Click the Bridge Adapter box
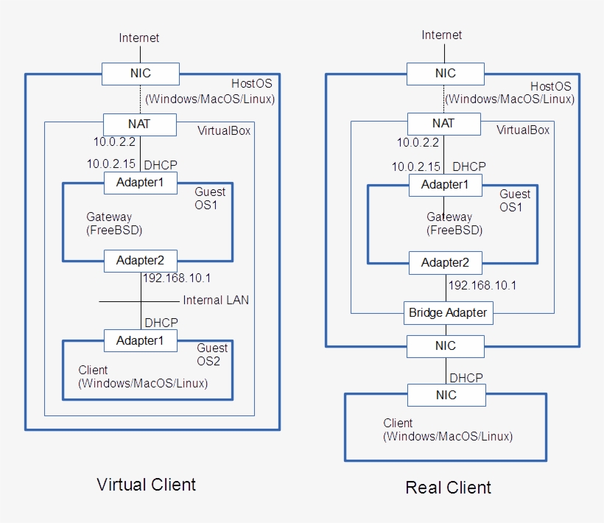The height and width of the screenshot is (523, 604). click(x=447, y=312)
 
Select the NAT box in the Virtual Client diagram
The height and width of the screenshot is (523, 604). click(x=140, y=124)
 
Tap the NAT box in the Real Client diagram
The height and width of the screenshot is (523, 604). click(x=443, y=123)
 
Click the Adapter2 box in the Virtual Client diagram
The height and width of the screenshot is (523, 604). click(x=140, y=259)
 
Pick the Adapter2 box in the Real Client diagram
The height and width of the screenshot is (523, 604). click(x=445, y=262)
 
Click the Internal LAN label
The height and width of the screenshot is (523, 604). click(x=216, y=300)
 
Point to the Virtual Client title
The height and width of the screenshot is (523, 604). click(x=147, y=484)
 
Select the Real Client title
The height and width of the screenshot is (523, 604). click(x=448, y=487)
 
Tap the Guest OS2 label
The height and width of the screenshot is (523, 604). click(x=212, y=354)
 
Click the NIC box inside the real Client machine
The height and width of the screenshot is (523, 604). click(x=446, y=395)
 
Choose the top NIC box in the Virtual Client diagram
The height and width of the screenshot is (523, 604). click(x=140, y=74)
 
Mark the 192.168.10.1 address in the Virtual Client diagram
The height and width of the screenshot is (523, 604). click(x=177, y=278)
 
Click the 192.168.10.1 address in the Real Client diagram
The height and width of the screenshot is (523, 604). click(x=482, y=285)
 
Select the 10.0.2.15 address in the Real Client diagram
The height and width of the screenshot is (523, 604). click(x=415, y=167)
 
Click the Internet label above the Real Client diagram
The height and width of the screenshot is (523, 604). click(x=442, y=35)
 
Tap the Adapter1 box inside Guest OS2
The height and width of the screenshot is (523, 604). click(x=140, y=340)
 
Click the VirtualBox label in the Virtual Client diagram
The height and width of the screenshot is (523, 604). click(x=224, y=130)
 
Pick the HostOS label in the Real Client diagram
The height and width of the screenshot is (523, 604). click(x=550, y=86)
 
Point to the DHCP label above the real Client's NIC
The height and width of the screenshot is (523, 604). click(x=466, y=377)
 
